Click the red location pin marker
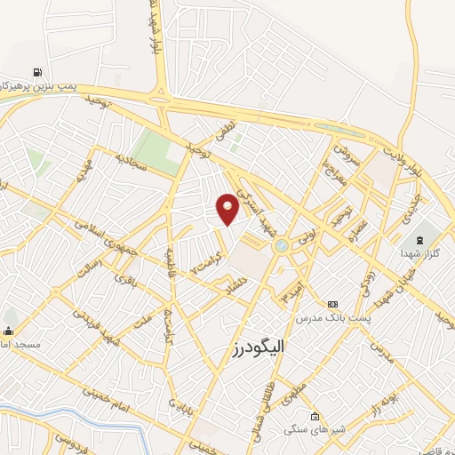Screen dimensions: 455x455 (227, 208)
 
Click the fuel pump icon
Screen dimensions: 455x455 (36, 73)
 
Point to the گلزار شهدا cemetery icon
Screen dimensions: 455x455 (418, 241)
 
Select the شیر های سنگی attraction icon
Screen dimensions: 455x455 (315, 416)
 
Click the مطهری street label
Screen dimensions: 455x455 (294, 392)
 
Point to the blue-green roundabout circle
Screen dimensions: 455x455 (282, 245)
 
